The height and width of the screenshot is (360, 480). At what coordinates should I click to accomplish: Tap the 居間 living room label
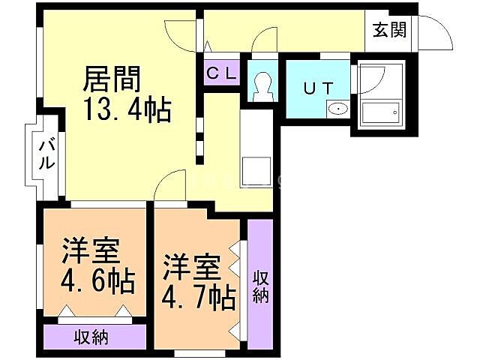[112, 77]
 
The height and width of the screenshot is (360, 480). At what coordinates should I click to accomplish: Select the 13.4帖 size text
[129, 110]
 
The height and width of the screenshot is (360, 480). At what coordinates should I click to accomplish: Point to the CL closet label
[222, 73]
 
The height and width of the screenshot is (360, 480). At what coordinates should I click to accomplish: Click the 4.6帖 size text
[98, 281]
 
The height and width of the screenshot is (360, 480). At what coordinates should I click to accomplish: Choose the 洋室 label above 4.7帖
[191, 266]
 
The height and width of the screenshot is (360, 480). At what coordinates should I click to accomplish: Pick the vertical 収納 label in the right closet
[260, 286]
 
